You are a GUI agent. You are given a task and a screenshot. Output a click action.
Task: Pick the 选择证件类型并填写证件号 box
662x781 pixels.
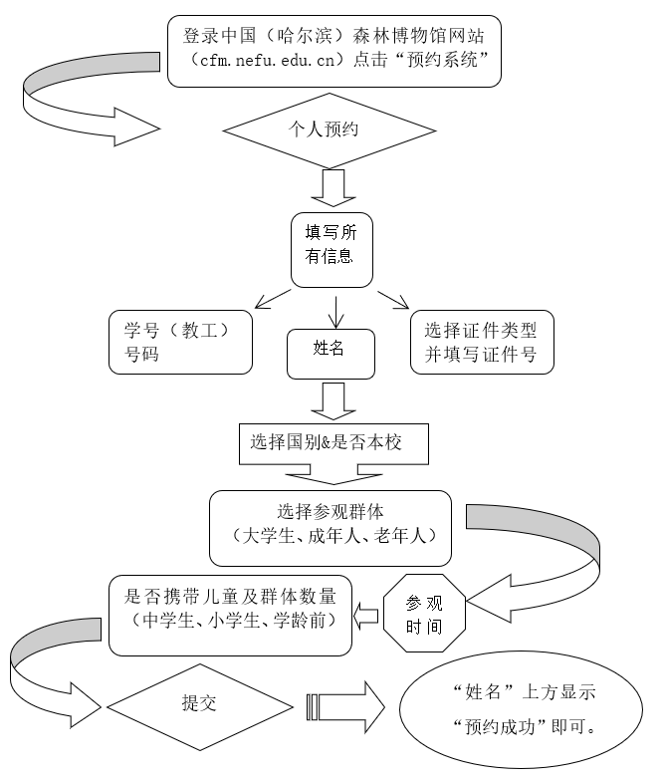coord(481,343)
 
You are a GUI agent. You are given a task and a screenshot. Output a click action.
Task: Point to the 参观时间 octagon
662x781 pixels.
coord(425,614)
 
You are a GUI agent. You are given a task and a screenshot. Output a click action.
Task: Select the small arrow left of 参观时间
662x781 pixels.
coord(367,616)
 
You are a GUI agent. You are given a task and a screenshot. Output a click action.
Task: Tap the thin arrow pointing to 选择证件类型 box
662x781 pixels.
coord(392,300)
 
